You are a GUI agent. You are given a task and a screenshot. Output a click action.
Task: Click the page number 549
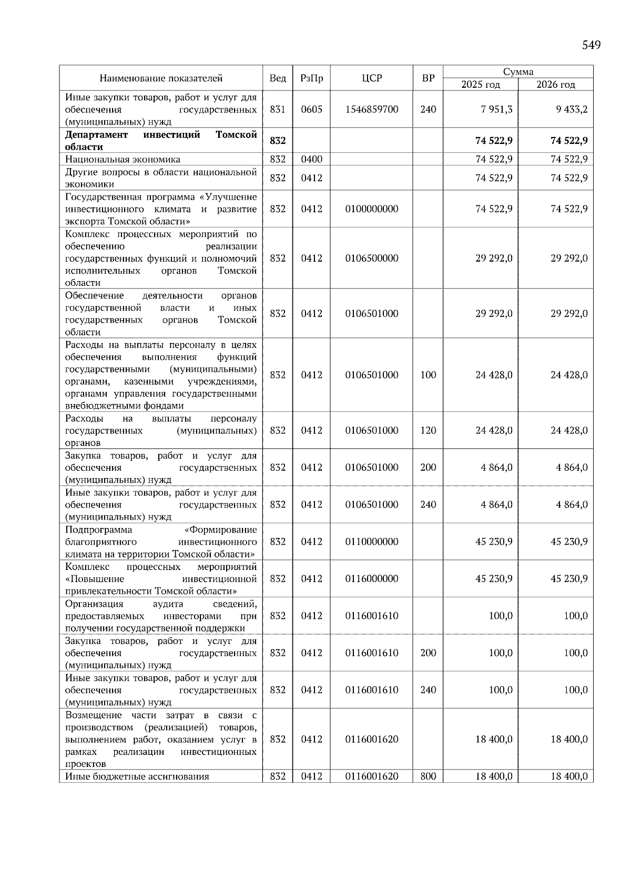pos(591,45)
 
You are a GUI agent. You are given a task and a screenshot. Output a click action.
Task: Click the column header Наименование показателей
pos(161,78)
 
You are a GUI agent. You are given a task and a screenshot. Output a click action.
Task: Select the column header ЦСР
pos(372,78)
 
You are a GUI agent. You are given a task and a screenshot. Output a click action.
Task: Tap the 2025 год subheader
pos(481,85)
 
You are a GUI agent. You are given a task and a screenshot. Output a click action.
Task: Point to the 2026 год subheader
pos(556,85)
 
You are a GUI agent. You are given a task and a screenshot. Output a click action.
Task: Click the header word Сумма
pos(518,72)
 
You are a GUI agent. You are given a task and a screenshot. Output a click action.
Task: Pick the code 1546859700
pos(372,109)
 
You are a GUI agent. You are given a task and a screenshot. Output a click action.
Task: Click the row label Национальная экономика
pos(123,159)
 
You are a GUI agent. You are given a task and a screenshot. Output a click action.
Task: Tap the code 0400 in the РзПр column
pos(311,159)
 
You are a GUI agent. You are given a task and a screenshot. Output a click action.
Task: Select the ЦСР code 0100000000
pos(372,209)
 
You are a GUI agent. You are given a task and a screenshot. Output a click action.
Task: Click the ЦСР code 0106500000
pos(372,258)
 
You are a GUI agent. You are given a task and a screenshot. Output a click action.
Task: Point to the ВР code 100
pos(428,375)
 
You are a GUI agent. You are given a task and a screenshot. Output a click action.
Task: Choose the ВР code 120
pos(428,430)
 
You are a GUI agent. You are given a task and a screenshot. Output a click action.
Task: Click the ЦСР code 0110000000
pos(372,542)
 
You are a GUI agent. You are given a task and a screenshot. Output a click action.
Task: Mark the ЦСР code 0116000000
pos(372,578)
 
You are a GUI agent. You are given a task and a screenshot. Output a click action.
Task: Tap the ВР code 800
pos(428,776)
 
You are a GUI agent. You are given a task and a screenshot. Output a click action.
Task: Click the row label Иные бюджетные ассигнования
pos(137,776)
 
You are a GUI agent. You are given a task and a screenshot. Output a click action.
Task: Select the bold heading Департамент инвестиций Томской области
pos(161,141)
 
